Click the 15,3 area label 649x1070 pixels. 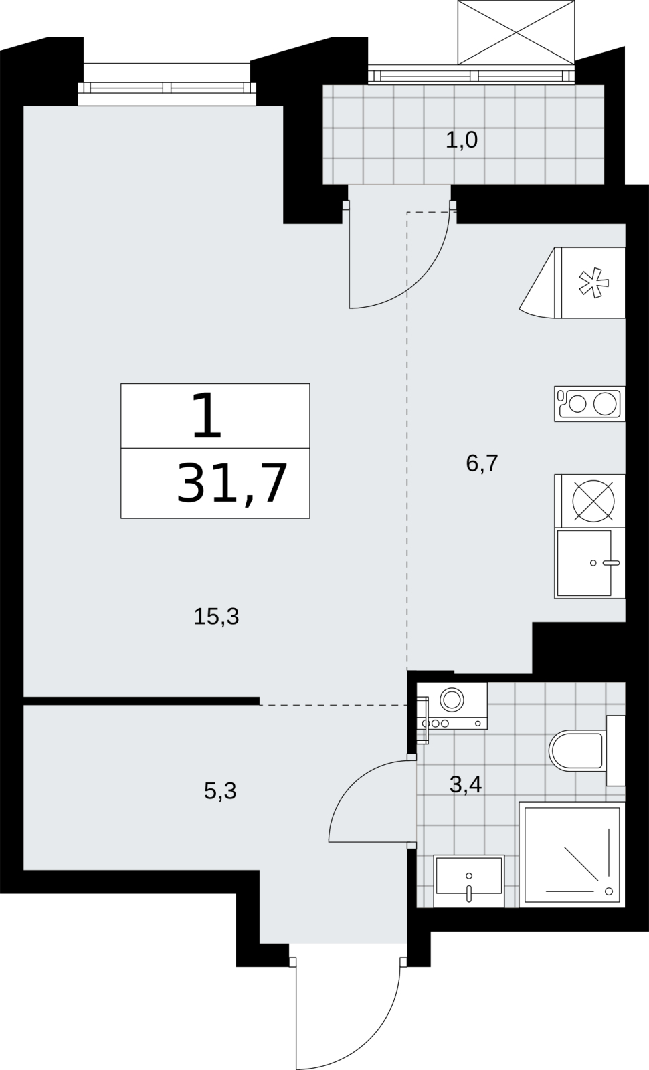coord(216,616)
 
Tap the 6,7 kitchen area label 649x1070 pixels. coord(482,463)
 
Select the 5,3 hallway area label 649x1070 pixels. coord(220,792)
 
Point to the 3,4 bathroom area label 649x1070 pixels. coord(466,784)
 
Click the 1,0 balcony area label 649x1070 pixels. coord(462,140)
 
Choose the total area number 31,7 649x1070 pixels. coord(232,484)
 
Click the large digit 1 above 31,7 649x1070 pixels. coord(207,415)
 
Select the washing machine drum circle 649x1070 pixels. coord(452,700)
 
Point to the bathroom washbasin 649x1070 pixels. coord(469,881)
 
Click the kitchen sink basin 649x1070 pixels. coord(584,562)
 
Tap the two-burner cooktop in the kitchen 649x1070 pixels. coord(589,404)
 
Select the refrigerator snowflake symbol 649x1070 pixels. coord(594,284)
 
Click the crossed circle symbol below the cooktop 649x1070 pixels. coord(593,501)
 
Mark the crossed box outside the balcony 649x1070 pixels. coord(516,32)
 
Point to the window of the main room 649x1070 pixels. coord(167,88)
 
